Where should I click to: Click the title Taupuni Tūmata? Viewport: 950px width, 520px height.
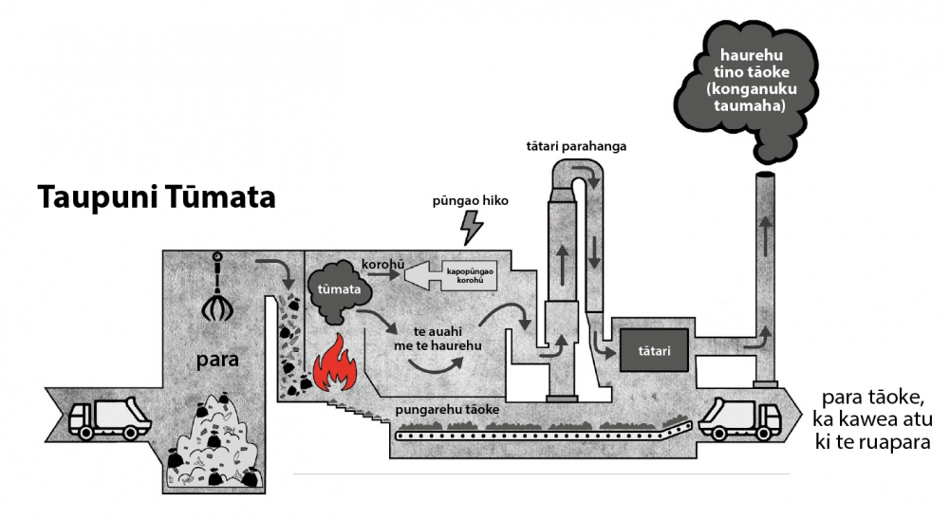coord(157,197)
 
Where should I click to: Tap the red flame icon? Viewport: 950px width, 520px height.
coord(335,363)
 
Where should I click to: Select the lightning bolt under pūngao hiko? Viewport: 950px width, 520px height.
coord(472,228)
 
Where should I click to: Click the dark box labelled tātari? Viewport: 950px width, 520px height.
coord(654,350)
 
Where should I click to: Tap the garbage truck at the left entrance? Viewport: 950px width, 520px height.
coord(109,418)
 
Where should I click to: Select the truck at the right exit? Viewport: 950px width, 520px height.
coord(739,418)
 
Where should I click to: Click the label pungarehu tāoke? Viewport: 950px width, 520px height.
coord(447,410)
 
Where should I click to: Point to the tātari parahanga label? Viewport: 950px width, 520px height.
coord(576,147)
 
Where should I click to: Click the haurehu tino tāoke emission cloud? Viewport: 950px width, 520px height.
coord(746,90)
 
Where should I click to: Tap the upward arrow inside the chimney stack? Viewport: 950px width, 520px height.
coord(767,236)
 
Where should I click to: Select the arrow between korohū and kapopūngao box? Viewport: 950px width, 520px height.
coord(383,274)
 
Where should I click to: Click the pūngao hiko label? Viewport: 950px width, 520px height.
coord(470,200)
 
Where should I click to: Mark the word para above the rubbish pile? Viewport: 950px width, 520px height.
coord(217,360)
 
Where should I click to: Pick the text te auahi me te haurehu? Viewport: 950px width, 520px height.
coord(438,339)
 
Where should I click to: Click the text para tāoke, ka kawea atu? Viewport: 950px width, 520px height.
coord(874,408)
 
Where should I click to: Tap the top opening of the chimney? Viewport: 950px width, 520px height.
coord(766,176)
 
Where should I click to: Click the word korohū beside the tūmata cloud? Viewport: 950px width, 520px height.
coord(382,265)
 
